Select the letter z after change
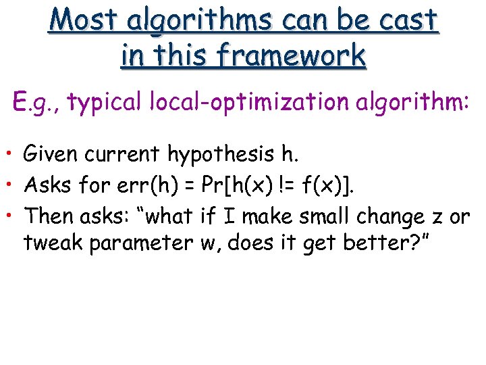[x=436, y=218]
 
